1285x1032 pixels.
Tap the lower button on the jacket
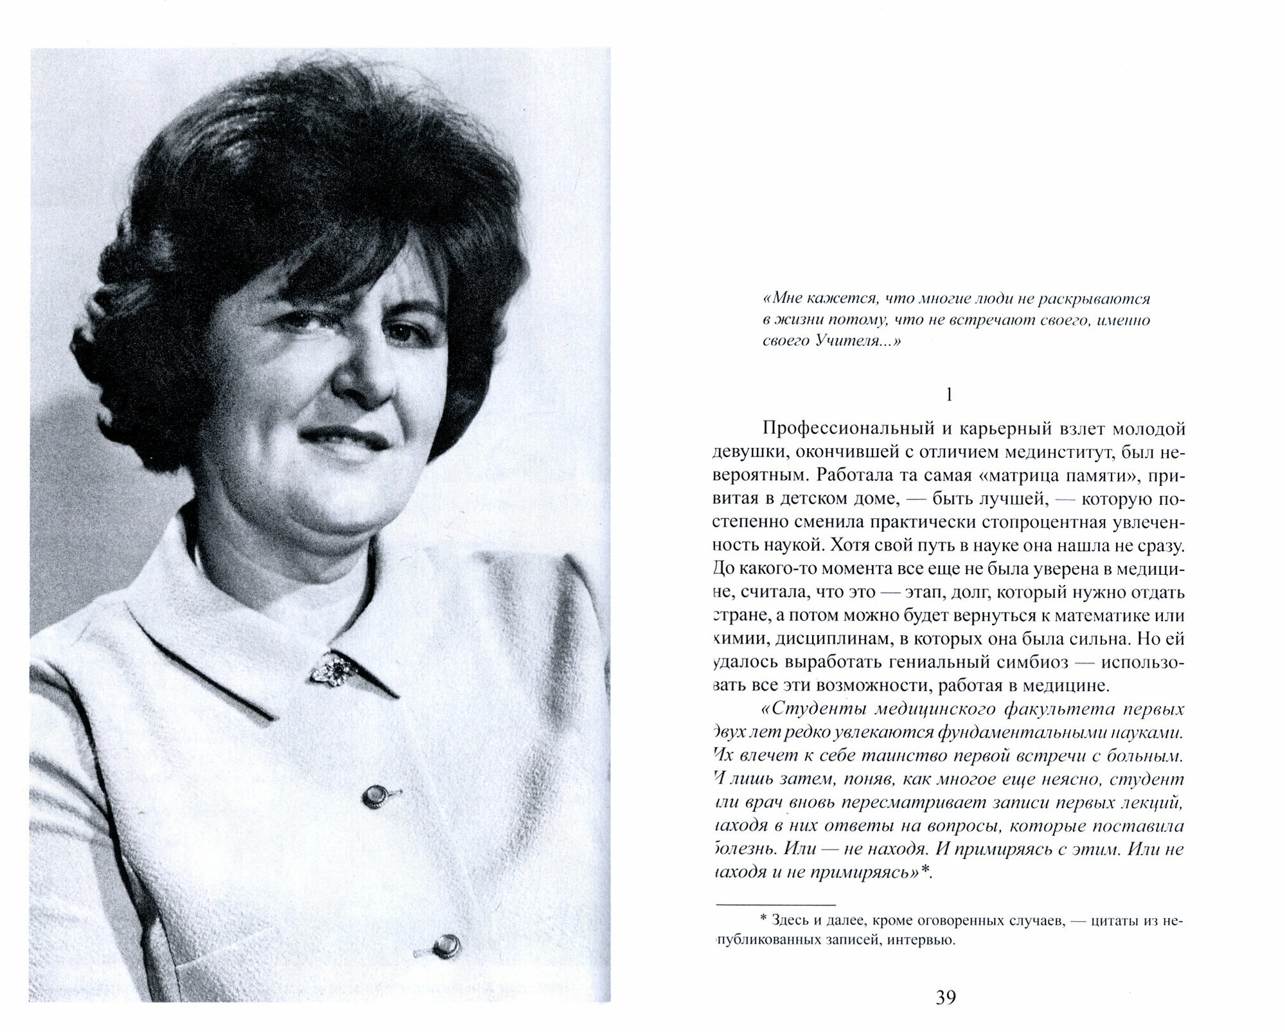445,945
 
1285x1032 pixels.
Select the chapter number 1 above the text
950,395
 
